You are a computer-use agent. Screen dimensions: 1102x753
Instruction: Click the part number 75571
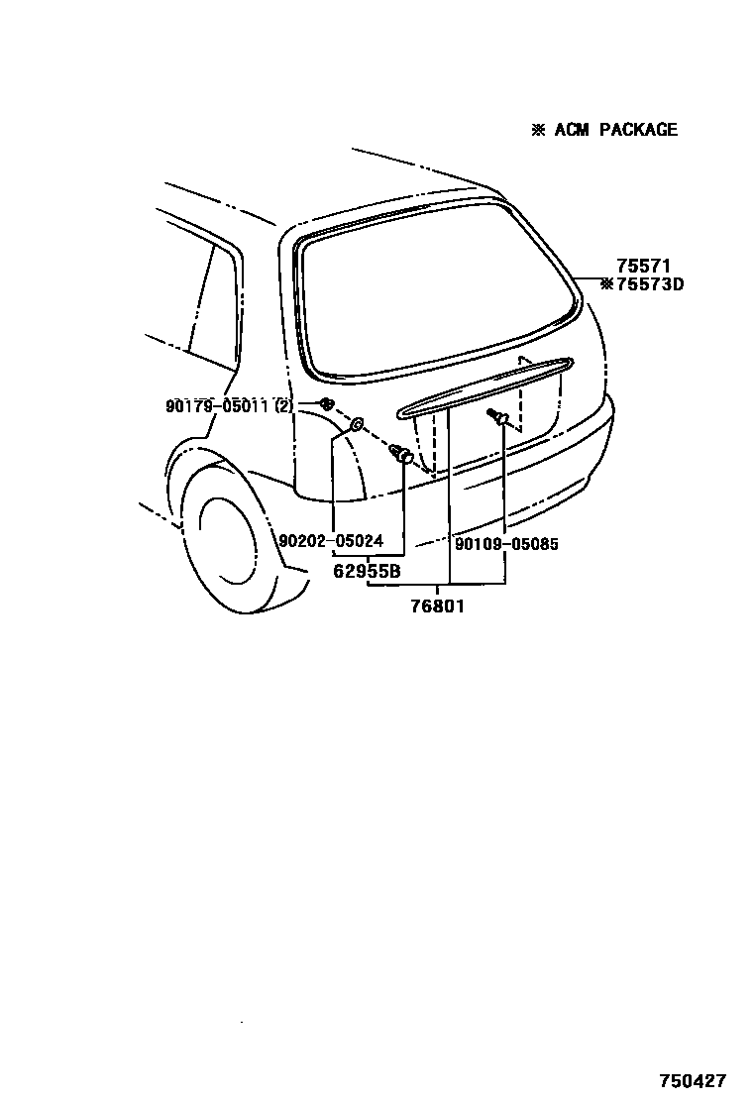point(644,266)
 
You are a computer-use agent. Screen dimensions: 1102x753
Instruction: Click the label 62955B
point(367,571)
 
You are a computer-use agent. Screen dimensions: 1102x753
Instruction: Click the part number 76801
point(437,606)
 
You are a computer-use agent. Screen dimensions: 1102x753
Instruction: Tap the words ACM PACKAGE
point(615,130)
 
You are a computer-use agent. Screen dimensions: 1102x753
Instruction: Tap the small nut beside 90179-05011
point(326,404)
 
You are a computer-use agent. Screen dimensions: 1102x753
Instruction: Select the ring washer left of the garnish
point(356,426)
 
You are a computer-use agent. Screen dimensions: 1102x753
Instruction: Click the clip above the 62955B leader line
point(403,455)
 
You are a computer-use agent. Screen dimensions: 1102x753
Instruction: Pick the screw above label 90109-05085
point(499,419)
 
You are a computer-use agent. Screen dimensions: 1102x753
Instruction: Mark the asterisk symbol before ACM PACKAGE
point(538,130)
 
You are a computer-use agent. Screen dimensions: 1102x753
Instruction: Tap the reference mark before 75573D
point(606,284)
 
